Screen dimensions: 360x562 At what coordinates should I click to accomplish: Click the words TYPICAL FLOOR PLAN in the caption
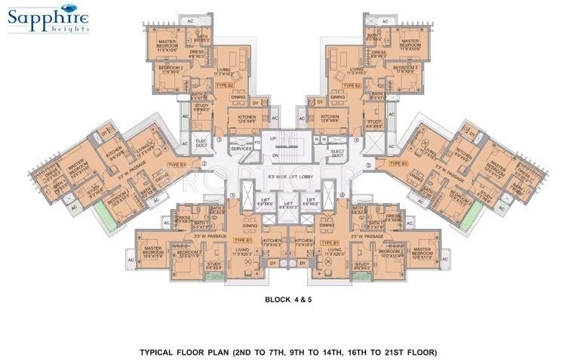(x=183, y=352)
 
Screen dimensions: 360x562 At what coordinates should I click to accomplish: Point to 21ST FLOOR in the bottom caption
(x=410, y=352)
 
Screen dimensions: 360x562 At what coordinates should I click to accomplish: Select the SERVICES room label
(x=241, y=149)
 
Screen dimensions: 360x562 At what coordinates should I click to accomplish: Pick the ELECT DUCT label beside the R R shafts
(x=338, y=154)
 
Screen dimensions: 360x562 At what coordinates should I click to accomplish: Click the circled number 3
(x=220, y=140)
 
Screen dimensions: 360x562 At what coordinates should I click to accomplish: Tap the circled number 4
(x=357, y=140)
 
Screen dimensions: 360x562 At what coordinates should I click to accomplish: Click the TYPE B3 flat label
(x=398, y=164)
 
